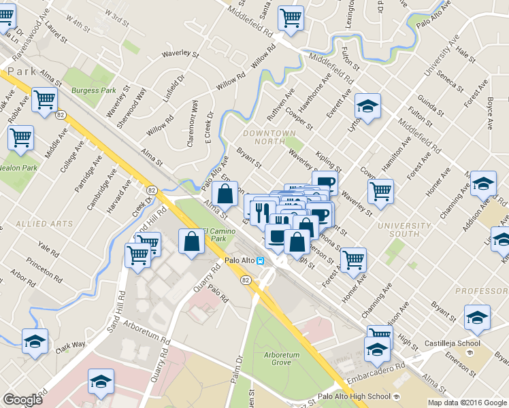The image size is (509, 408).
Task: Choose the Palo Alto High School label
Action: tap(355, 396)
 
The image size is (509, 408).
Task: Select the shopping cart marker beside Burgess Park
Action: tap(44, 99)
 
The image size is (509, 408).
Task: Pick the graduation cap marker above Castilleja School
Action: tap(477, 318)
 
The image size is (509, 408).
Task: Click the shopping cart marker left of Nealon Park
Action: tap(20, 137)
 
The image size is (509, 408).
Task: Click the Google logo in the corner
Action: tap(22, 400)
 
